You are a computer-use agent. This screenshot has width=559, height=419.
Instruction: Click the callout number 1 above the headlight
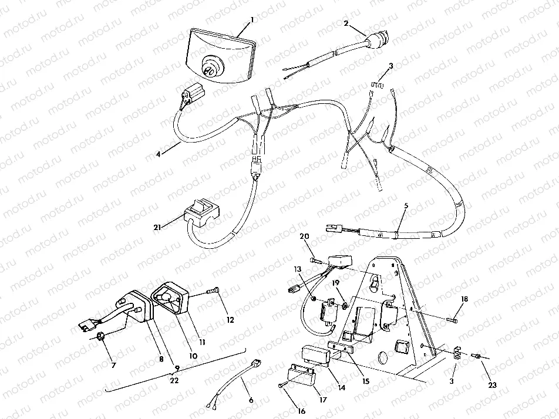[x=251, y=19]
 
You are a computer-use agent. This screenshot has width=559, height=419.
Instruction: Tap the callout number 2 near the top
[x=346, y=23]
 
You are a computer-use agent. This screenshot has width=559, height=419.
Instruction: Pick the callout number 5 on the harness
[x=405, y=207]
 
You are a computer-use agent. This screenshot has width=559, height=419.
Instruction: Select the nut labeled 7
[x=100, y=337]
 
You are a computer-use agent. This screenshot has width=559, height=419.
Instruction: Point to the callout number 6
[x=251, y=400]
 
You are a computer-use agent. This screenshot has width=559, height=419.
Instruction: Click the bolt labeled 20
[x=314, y=259]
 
